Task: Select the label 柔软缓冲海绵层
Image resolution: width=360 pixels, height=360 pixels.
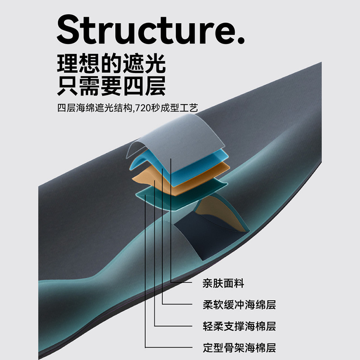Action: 239,305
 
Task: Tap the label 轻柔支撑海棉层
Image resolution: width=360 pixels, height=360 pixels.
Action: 239,326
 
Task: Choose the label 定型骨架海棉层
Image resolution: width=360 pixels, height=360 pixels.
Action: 239,347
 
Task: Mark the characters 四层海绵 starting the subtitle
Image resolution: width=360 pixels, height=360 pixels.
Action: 72,108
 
